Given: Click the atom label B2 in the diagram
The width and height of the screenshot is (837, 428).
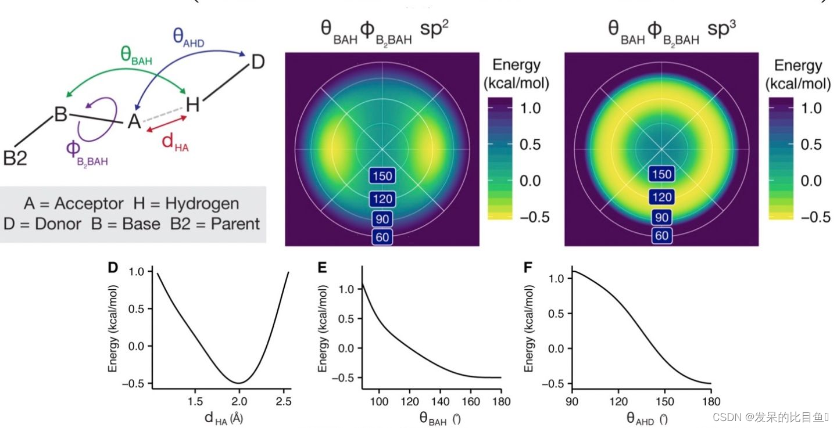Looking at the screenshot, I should [15, 158].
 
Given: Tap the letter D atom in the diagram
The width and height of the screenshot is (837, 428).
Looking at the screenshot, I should [257, 62].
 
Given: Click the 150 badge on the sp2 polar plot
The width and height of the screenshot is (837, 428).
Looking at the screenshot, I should [382, 176].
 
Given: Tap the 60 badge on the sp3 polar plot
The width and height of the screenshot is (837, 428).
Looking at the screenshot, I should [661, 235].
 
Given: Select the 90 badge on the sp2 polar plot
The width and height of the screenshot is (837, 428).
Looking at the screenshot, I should [382, 219].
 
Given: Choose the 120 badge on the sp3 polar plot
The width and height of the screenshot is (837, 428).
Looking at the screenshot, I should [661, 197].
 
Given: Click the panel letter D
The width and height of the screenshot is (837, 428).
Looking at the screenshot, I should [113, 268].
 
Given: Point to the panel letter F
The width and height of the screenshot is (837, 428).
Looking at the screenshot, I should [528, 268].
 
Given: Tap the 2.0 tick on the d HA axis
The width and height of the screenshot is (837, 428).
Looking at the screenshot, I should [239, 401].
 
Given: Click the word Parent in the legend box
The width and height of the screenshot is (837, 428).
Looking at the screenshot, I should [233, 223].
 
